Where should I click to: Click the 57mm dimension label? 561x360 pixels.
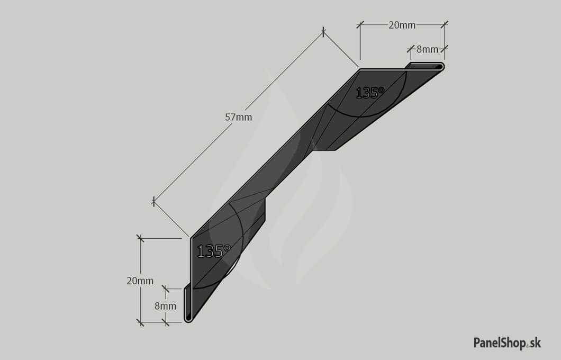(238, 117)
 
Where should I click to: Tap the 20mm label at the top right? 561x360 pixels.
(402, 25)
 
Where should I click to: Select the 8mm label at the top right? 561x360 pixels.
(427, 49)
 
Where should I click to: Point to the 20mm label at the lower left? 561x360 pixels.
(140, 281)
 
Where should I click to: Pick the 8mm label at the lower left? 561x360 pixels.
(165, 306)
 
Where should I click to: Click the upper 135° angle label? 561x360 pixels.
(370, 93)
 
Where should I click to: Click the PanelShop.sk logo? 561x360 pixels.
(508, 343)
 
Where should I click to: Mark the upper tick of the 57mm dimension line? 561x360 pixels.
(323, 32)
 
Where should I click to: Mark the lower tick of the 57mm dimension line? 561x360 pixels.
(153, 202)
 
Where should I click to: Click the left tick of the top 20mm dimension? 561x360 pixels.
(360, 25)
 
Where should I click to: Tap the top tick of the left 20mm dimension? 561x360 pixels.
(140, 238)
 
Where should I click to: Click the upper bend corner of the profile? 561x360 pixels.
(359, 69)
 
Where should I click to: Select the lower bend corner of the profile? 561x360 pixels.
(191, 238)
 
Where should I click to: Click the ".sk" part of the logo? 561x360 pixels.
(534, 343)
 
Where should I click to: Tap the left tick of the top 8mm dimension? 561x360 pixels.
(411, 49)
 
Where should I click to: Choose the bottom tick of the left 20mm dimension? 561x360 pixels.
(140, 322)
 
